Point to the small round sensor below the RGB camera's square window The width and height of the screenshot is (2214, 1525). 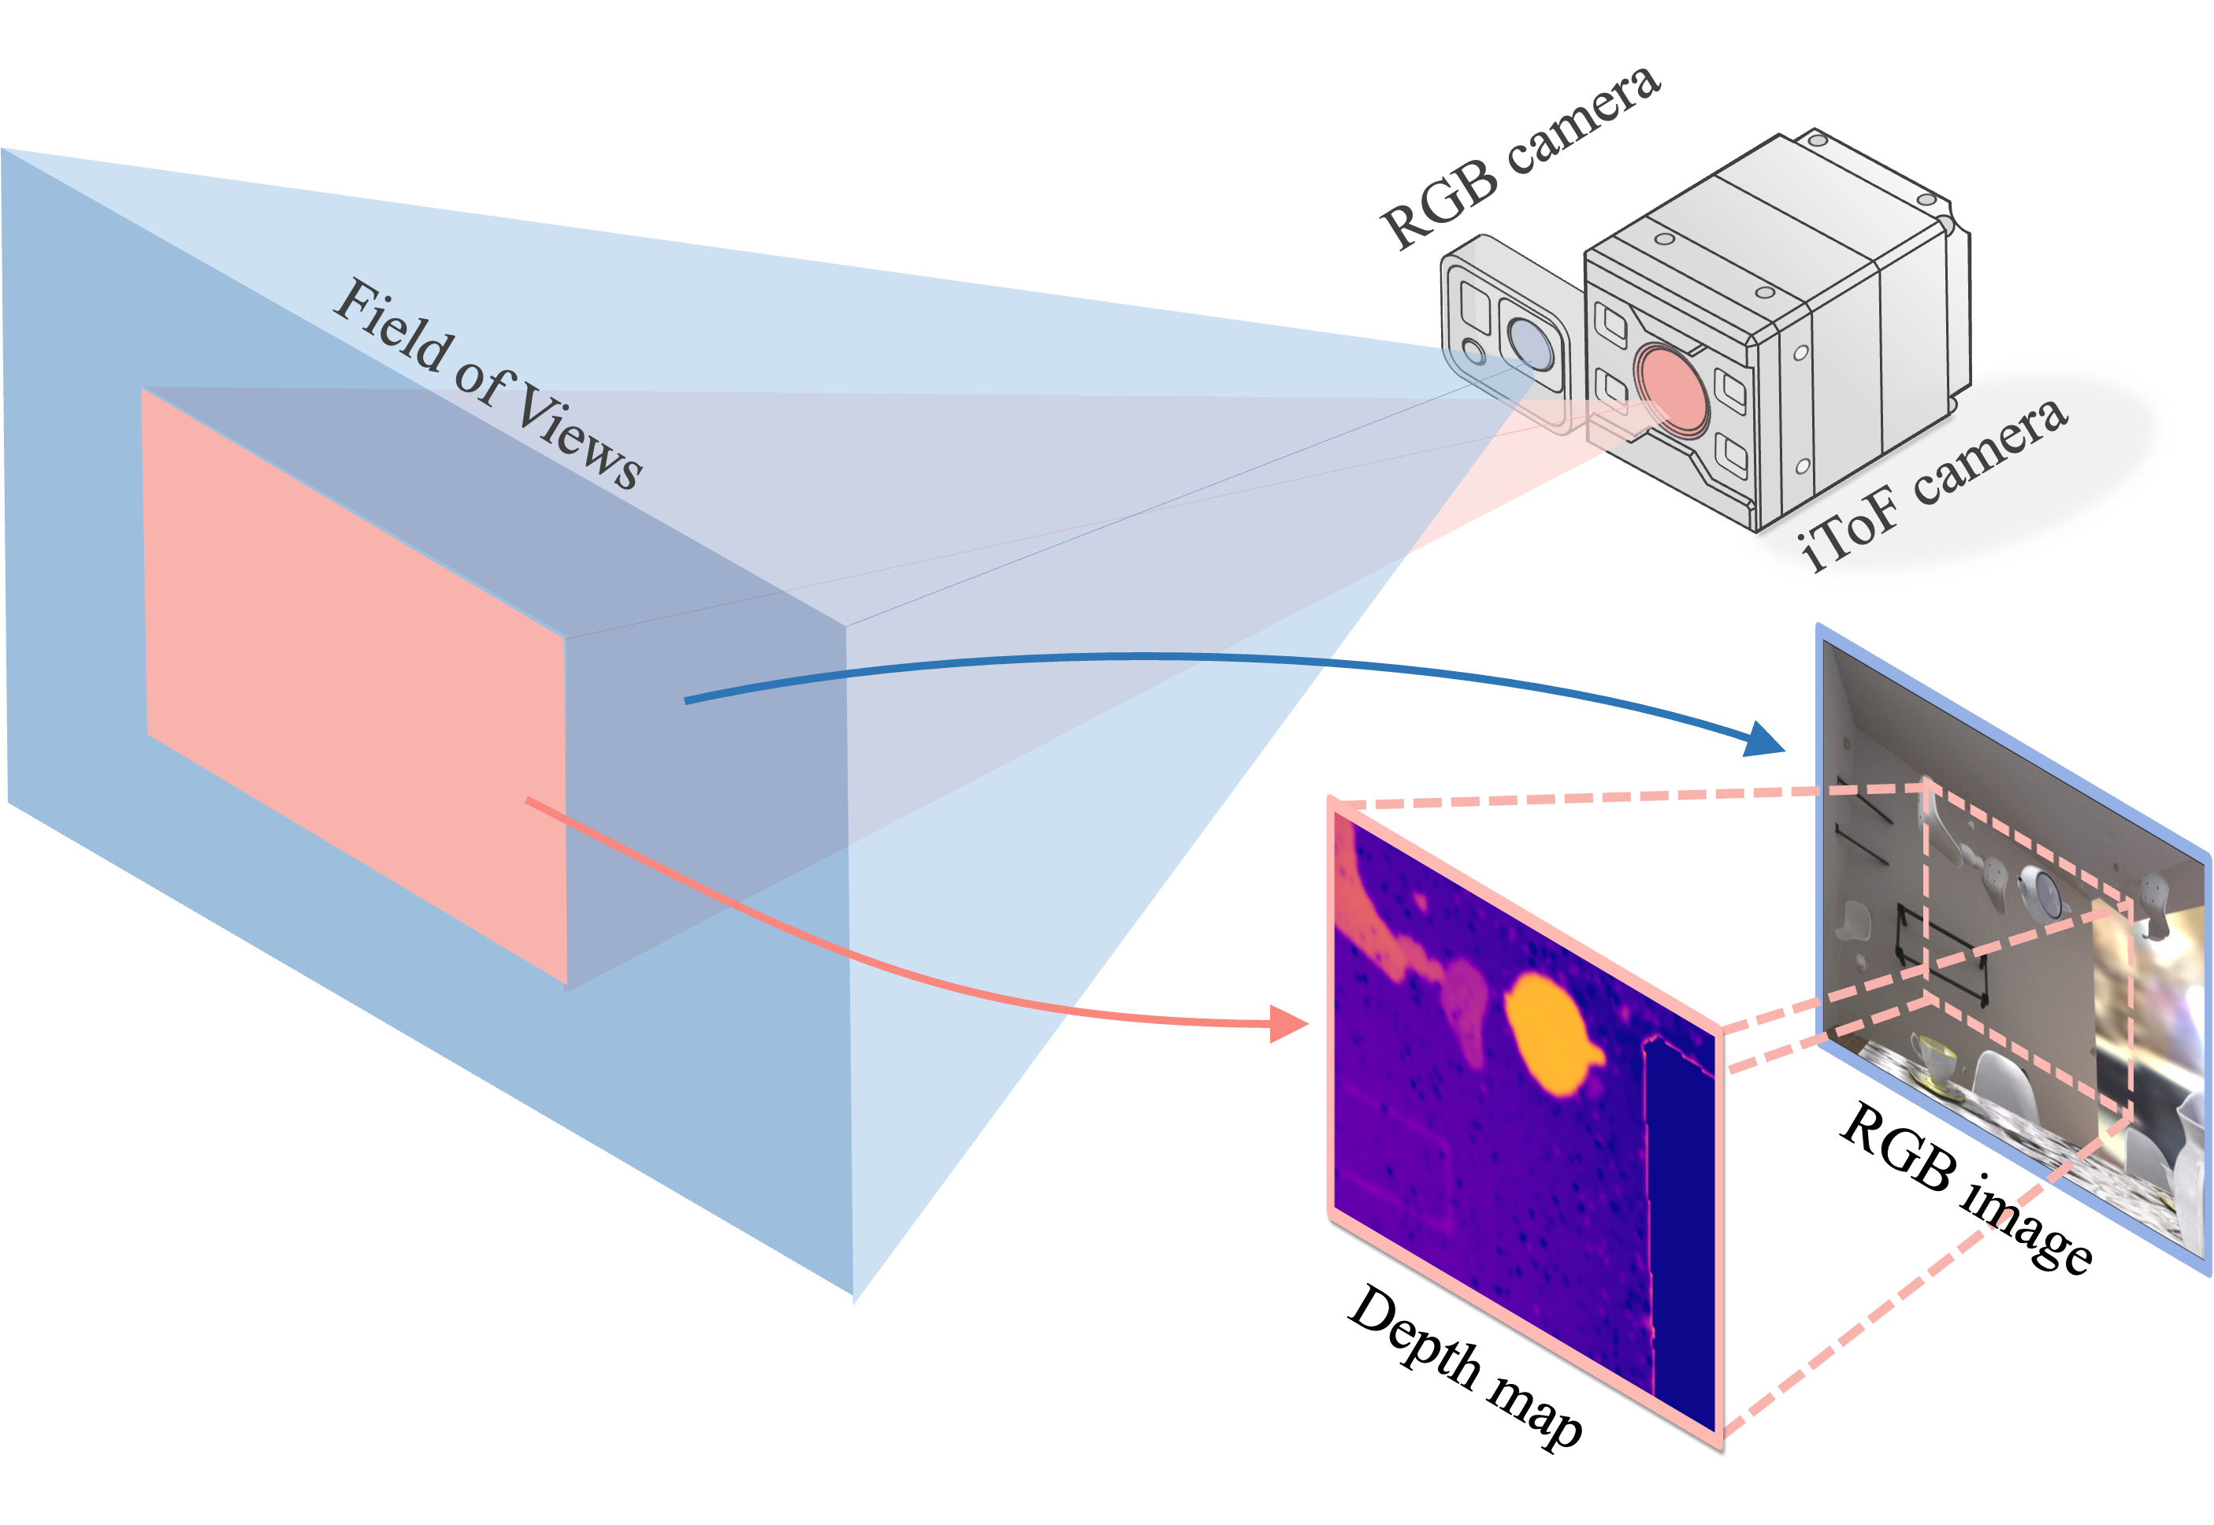coord(1474,353)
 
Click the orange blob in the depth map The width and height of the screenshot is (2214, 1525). coord(1548,1037)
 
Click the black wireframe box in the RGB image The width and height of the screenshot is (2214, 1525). coord(1940,955)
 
